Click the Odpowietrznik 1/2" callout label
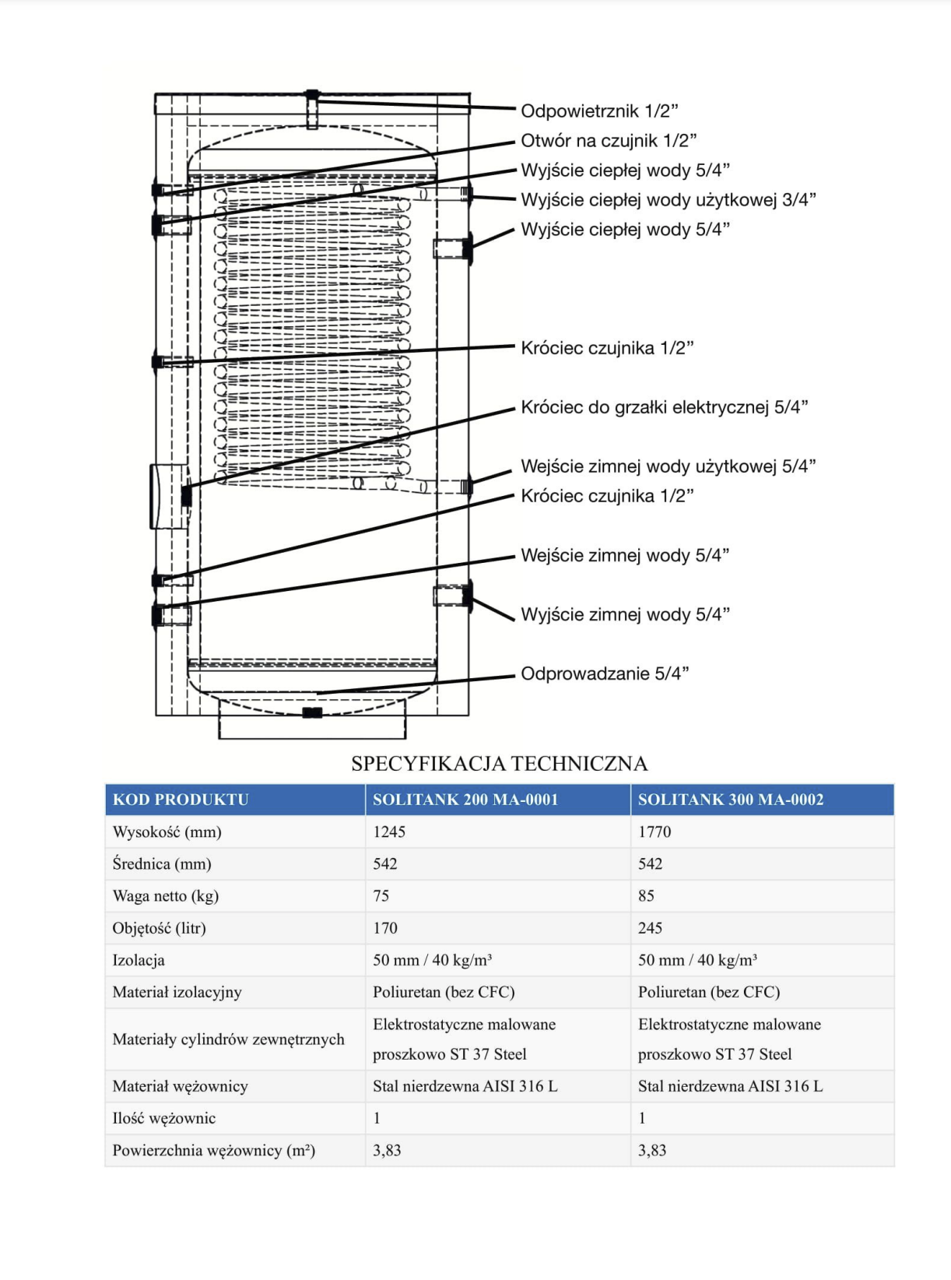599,111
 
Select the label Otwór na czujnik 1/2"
609,141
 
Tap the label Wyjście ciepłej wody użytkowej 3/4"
669,200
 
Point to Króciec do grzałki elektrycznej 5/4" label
665,407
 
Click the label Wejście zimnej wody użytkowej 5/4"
669,466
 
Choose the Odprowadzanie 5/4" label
605,673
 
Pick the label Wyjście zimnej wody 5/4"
625,614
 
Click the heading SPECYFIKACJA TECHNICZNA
499,763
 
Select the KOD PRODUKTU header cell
181,800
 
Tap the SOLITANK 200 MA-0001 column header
465,800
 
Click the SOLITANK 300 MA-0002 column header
731,800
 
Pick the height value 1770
654,832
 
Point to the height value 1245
389,832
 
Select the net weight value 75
381,895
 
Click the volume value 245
650,927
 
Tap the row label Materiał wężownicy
180,1086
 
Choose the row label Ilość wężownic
164,1118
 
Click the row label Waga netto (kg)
166,895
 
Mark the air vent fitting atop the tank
312,97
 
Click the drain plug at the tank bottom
312,712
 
